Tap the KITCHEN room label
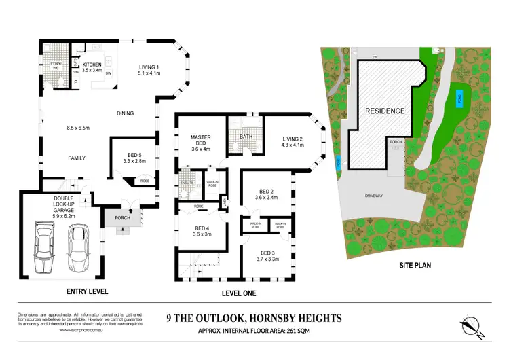[92, 66]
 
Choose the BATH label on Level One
[246, 137]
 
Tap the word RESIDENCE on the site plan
[385, 111]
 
